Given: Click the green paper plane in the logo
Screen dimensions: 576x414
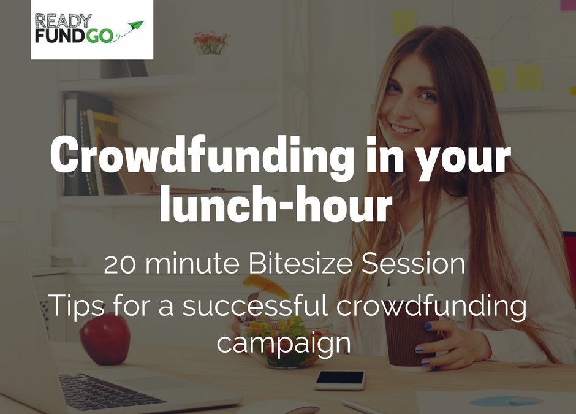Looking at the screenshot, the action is tap(135, 25).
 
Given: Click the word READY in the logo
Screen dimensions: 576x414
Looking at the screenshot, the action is tap(63, 21).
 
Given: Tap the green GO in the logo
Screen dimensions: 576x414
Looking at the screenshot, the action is tap(99, 36).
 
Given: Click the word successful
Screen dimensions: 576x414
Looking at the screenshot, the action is tap(256, 305).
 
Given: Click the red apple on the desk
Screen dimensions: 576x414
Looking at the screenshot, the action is tap(105, 338).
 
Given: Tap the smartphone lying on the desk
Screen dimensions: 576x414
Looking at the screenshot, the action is tap(339, 380).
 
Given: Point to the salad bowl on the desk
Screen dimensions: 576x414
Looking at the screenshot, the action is tap(285, 345).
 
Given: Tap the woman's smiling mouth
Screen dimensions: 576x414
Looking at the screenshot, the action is tap(406, 129).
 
